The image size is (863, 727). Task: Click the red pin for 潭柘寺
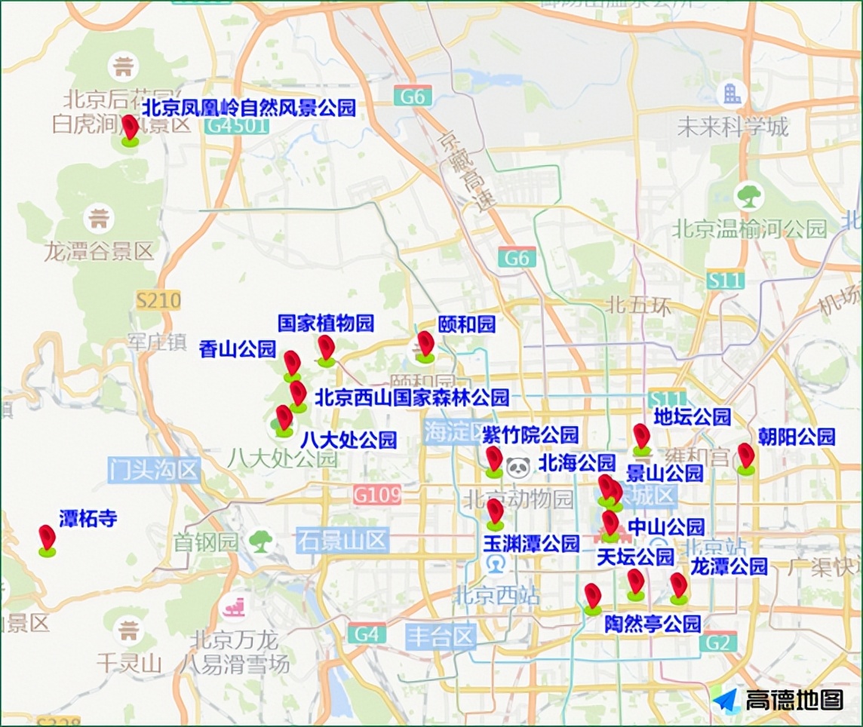point(47,538)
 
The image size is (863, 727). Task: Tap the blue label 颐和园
point(466,325)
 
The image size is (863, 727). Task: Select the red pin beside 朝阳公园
point(745,456)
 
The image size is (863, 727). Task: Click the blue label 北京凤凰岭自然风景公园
point(249,108)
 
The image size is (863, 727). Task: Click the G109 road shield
point(376,495)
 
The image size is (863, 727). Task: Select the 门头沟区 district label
point(154,471)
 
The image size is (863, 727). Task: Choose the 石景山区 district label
point(342,540)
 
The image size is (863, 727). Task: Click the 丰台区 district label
point(441,637)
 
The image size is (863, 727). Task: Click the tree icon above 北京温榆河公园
point(749,197)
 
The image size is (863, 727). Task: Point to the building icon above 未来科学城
point(731,94)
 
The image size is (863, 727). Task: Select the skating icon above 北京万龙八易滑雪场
point(233,606)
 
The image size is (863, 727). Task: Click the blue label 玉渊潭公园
point(531,544)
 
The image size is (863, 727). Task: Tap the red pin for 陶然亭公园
point(592,597)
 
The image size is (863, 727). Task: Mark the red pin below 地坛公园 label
point(641,437)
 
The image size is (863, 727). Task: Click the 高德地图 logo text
point(794,701)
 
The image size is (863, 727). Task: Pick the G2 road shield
point(717,643)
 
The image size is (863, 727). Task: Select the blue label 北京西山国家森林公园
point(411,397)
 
